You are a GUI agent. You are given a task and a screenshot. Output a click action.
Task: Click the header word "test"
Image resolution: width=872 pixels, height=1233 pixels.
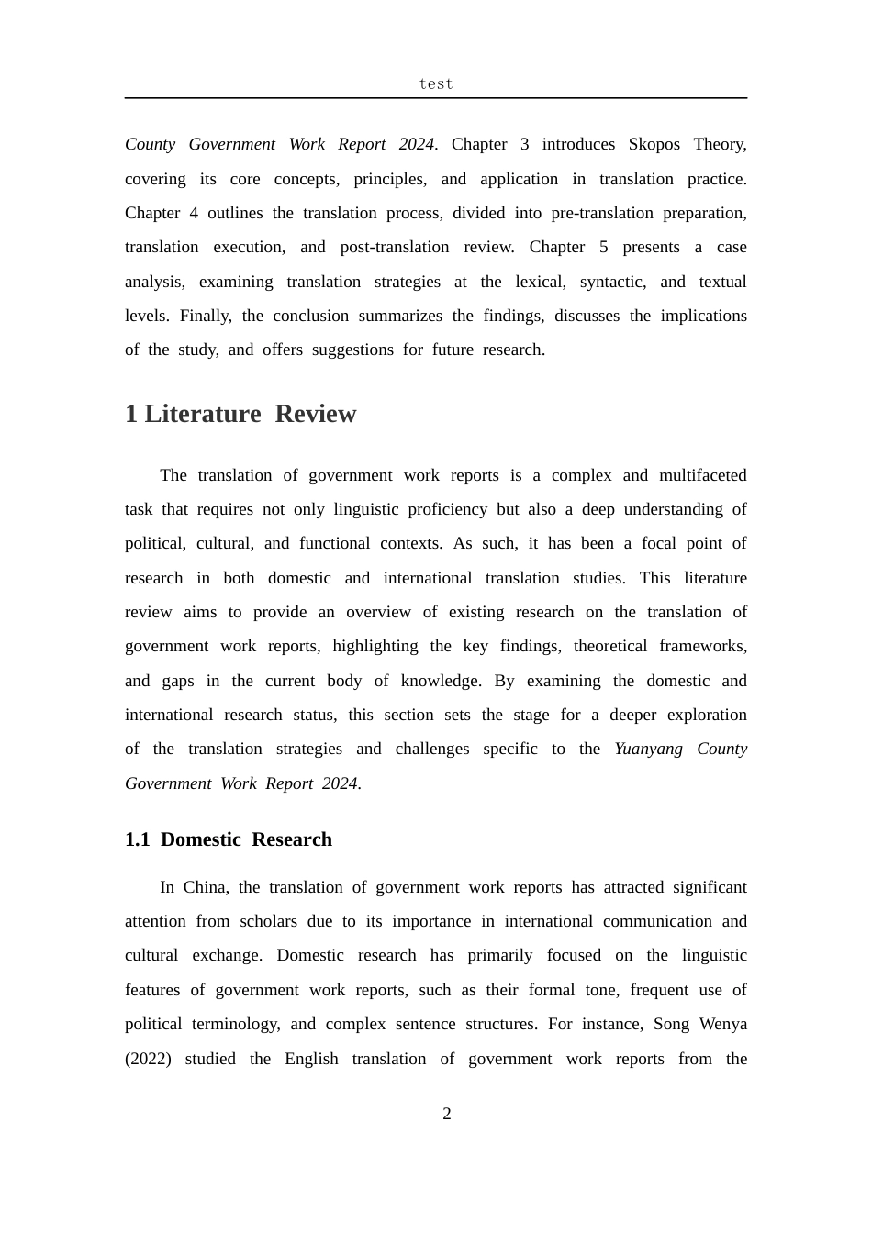point(436,83)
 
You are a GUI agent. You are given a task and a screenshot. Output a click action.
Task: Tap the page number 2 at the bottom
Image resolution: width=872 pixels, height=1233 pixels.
point(447,1114)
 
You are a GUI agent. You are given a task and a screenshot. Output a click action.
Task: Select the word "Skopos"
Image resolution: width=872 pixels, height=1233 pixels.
point(654,144)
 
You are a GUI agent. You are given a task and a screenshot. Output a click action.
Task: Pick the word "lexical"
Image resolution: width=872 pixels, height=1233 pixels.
point(540,282)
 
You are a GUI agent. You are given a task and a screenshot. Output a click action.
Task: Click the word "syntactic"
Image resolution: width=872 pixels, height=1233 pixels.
point(612,282)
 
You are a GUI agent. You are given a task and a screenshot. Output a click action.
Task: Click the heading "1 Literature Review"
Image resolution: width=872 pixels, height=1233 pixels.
point(240,414)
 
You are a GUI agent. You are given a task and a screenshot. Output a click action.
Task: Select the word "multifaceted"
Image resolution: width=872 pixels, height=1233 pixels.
point(702,475)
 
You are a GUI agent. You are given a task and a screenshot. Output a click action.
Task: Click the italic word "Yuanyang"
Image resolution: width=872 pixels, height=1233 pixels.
point(648,749)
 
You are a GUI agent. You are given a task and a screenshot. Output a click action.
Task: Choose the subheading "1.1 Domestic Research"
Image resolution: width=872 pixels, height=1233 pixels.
point(229,839)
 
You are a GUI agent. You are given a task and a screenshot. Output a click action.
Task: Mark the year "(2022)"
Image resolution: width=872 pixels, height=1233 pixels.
point(148,1059)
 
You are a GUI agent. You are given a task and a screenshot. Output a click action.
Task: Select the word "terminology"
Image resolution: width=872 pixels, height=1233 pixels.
point(235,1024)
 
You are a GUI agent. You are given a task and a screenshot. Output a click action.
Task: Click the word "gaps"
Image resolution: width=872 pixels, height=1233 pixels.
point(178,681)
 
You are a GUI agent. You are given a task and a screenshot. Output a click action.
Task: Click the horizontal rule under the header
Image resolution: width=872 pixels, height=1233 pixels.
point(436,98)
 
